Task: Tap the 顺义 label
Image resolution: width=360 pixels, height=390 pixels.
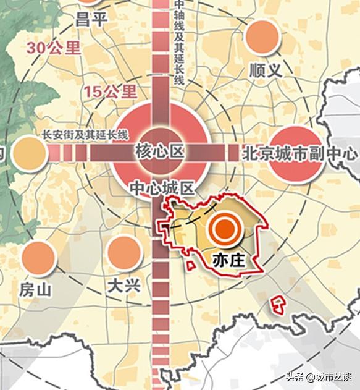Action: [x=266, y=70]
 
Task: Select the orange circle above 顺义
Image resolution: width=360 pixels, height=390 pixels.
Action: [x=262, y=37]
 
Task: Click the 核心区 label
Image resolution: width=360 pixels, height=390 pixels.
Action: [x=159, y=150]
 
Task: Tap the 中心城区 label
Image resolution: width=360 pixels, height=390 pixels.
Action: [x=162, y=186]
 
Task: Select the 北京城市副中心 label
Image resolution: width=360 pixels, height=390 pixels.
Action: [x=300, y=152]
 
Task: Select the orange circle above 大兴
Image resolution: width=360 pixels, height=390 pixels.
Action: [x=123, y=253]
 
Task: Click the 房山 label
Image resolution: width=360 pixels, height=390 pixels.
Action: [x=35, y=289]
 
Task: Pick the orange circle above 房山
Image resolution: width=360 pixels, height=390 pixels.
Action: [x=39, y=258]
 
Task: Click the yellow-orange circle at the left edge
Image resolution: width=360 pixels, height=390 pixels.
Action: [x=29, y=153]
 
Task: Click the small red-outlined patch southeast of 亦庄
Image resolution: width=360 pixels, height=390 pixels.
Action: [x=279, y=303]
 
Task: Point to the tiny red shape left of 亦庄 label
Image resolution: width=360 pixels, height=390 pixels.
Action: [x=191, y=265]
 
